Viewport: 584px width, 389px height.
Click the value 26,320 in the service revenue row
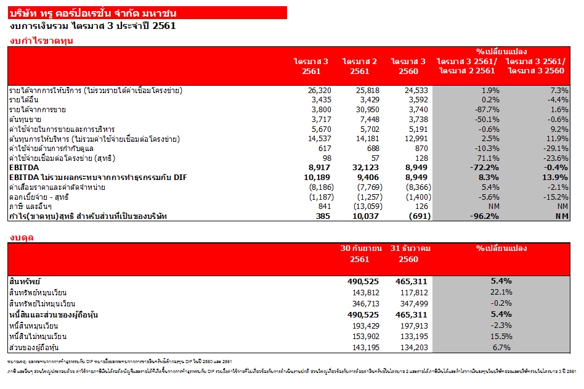click(318, 91)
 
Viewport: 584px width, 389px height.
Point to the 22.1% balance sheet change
click(501, 292)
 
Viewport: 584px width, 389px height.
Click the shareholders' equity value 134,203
click(410, 348)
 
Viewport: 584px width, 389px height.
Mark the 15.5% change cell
click(501, 337)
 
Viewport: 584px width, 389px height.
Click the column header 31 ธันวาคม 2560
click(411, 253)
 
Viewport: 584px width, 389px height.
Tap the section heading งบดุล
click(22, 237)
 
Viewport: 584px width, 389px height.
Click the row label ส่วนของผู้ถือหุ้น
click(31, 348)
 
